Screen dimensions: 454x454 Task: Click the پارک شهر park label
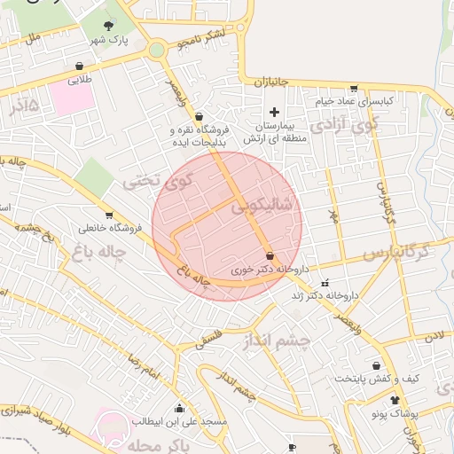(113, 42)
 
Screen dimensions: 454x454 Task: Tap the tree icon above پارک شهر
(109, 26)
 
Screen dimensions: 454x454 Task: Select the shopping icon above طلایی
(80, 66)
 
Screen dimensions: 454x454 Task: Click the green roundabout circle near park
(157, 50)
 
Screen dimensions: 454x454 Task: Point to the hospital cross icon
(274, 112)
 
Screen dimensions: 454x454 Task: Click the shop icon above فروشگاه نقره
(199, 115)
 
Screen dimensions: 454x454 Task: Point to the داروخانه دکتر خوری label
(268, 267)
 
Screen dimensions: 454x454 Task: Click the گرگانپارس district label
(395, 254)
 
